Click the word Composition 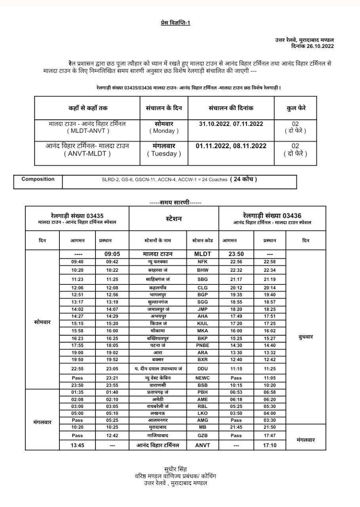point(38,179)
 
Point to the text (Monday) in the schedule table point(164,131)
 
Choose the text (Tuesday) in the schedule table point(164,154)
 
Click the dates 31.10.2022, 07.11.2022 point(231,124)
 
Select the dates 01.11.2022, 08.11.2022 point(231,146)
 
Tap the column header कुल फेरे point(295,108)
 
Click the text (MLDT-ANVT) point(88,131)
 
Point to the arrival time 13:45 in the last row point(77,445)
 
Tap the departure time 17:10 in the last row point(269,445)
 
